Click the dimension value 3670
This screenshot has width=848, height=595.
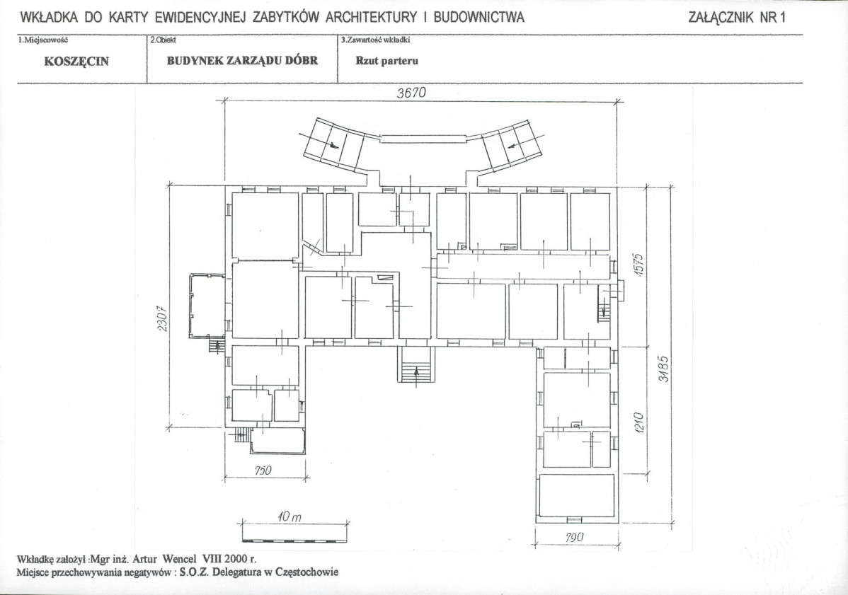click(411, 93)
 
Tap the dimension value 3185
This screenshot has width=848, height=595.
click(664, 369)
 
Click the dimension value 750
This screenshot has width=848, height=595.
click(263, 470)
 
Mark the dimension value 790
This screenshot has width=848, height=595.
click(575, 537)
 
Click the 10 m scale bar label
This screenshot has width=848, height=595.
click(290, 516)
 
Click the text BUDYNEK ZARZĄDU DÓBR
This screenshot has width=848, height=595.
click(242, 61)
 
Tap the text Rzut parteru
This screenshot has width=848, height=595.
click(386, 61)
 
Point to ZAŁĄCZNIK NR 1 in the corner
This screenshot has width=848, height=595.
click(737, 17)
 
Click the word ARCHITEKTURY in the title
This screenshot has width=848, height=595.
click(371, 17)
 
